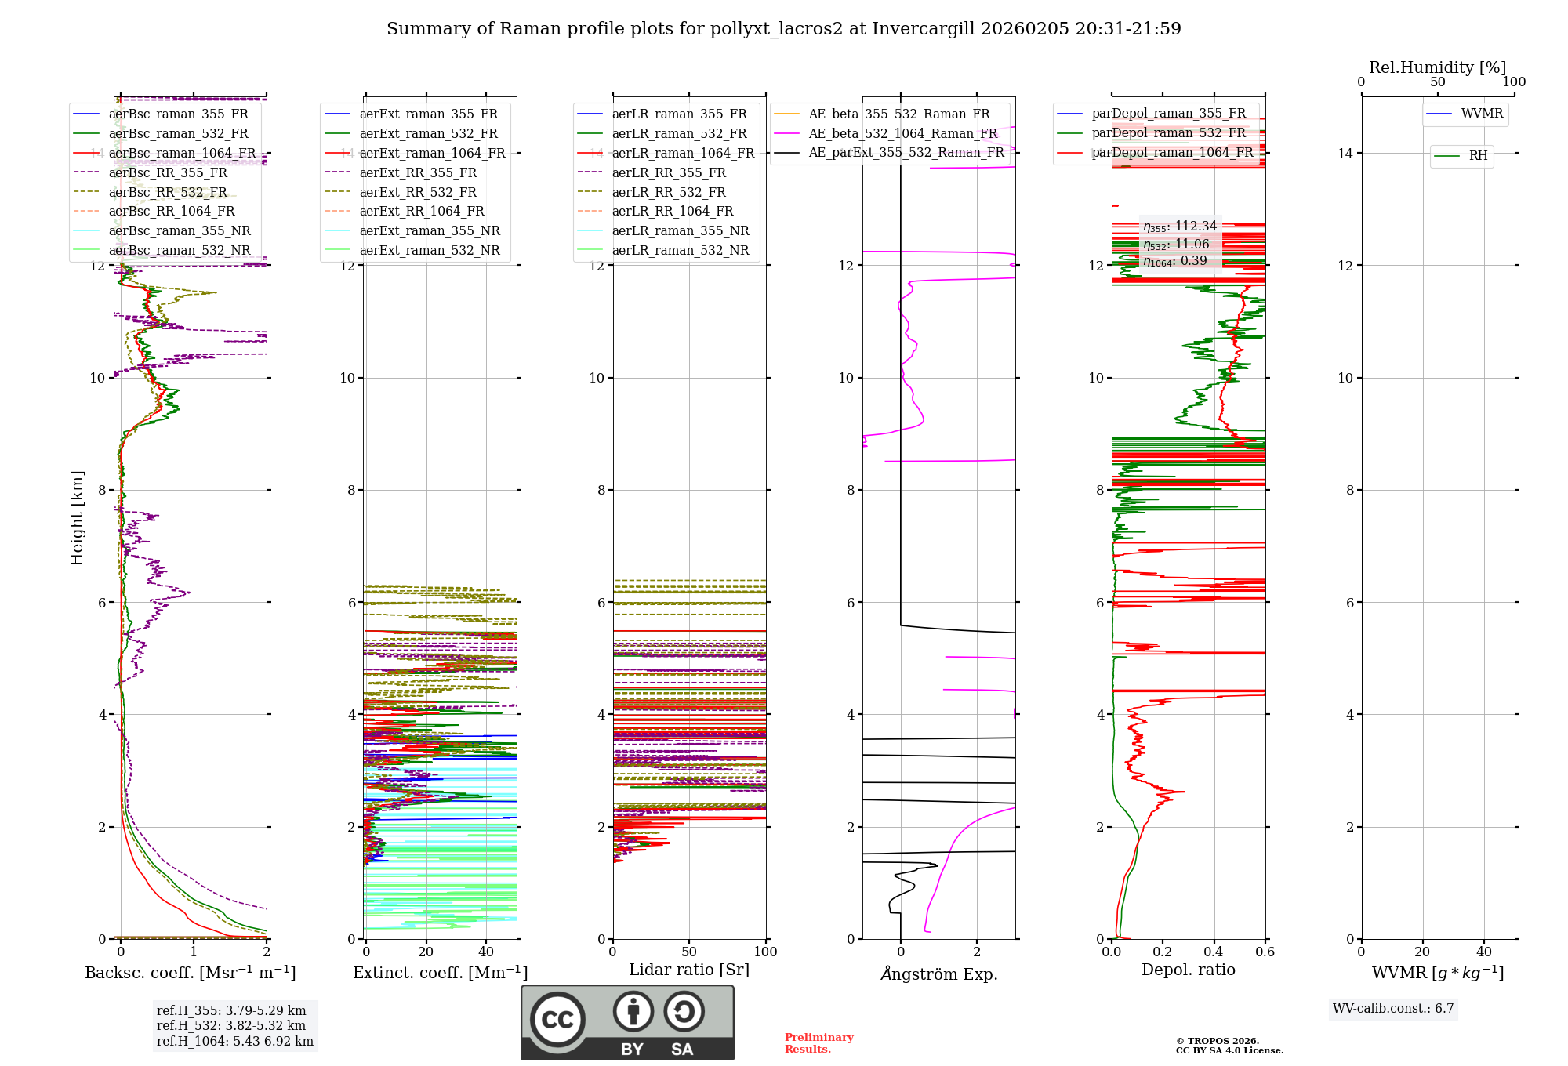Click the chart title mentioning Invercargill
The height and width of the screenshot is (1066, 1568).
pos(783,29)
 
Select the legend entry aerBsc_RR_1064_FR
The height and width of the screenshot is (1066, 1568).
pos(171,212)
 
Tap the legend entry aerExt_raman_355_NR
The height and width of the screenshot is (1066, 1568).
pos(429,231)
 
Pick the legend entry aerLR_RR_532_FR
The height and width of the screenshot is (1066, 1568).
pos(668,192)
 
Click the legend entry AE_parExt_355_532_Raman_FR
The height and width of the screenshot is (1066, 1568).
pos(906,153)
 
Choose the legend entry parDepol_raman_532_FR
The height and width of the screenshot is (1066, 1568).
pos(1168,133)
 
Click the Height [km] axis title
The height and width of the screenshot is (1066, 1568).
pos(77,518)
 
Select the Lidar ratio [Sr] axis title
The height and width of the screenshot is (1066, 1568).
pos(688,970)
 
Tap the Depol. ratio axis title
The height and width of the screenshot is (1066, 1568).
pos(1188,970)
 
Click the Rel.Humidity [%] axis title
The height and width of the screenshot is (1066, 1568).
pos(1437,67)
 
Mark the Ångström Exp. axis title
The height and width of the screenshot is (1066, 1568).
pos(938,974)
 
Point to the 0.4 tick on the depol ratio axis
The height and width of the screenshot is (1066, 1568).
pos(1214,952)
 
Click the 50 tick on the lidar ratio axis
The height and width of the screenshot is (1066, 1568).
pos(689,952)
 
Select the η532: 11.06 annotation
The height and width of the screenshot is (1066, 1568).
pos(1176,245)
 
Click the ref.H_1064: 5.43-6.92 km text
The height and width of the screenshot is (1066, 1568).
pos(234,1042)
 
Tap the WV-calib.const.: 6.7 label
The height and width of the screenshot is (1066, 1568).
pos(1393,1009)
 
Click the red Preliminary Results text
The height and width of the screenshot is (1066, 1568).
pos(818,1043)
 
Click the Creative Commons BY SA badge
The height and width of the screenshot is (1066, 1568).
pos(627,1023)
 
